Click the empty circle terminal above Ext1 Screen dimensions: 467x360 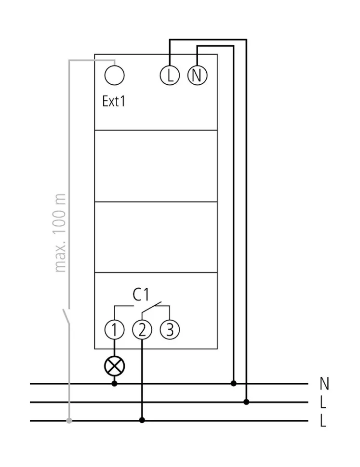tap(115, 76)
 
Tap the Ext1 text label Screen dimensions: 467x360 tap(114, 101)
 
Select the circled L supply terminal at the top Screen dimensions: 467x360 tap(169, 76)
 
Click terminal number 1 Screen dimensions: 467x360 tap(114, 330)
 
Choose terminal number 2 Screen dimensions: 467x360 tap(142, 330)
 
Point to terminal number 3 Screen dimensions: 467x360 tap(169, 330)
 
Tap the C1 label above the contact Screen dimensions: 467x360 tap(142, 294)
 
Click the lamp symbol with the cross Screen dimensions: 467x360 tap(114, 366)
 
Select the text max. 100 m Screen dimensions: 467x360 tap(60, 233)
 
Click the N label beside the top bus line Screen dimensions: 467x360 tap(324, 384)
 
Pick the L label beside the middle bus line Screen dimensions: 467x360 tap(323, 402)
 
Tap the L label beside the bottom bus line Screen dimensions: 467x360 tap(323, 421)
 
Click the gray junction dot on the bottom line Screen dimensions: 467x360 tap(69, 421)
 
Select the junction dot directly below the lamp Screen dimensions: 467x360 tap(114, 384)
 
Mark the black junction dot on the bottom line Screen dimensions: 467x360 tap(142, 420)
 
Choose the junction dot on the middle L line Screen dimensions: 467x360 tap(246, 402)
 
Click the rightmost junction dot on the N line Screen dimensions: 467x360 tap(234, 384)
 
